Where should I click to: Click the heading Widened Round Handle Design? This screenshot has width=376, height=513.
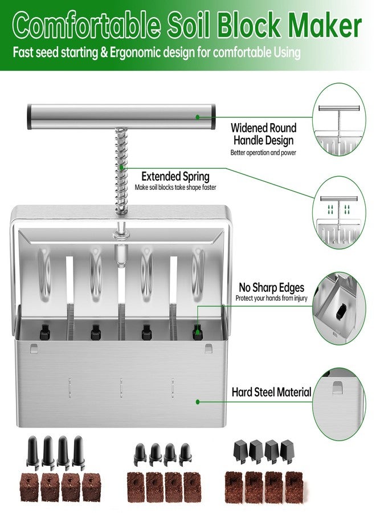point(263,134)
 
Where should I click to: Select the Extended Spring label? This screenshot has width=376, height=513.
point(175,176)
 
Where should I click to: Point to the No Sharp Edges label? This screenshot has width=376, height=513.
point(271,288)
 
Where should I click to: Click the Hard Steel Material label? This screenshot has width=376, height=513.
point(271,392)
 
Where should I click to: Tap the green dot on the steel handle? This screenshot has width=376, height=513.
point(198,116)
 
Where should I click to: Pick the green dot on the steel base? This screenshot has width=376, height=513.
point(198,401)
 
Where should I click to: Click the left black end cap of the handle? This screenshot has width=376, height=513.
point(30,116)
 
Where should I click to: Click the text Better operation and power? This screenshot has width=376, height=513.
point(263,153)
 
